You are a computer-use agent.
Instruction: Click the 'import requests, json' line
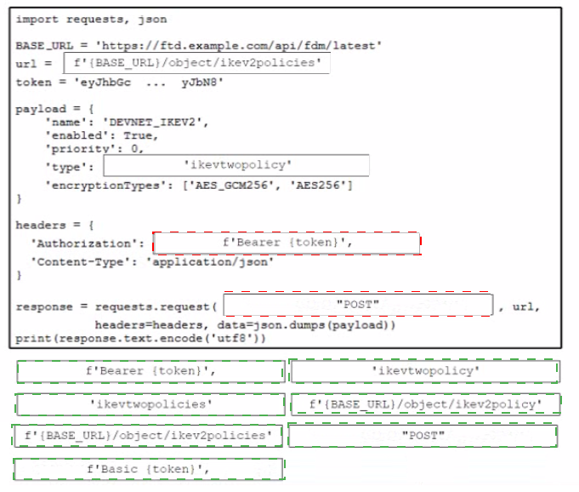click(x=91, y=20)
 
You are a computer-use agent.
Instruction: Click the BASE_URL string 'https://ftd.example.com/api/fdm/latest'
click(x=238, y=45)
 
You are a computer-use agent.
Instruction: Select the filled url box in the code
click(x=196, y=63)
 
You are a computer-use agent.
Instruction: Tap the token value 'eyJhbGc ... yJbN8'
click(x=149, y=82)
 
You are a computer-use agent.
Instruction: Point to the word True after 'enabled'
click(x=138, y=135)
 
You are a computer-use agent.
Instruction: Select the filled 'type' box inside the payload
click(x=236, y=165)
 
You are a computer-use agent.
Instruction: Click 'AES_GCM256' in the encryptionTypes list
click(x=231, y=186)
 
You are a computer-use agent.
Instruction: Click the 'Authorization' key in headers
click(x=84, y=243)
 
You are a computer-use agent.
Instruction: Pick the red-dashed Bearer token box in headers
click(x=287, y=243)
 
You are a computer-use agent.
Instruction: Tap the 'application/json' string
click(x=210, y=262)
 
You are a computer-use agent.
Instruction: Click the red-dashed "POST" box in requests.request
click(x=358, y=305)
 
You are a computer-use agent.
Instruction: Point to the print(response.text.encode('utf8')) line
click(x=140, y=339)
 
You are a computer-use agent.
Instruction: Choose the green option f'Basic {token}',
click(x=149, y=469)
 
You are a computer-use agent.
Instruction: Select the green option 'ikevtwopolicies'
click(x=150, y=404)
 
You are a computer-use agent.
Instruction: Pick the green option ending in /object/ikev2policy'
click(x=426, y=404)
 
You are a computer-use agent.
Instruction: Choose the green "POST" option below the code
click(x=423, y=436)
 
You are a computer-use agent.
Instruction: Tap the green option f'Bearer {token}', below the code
click(x=150, y=371)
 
